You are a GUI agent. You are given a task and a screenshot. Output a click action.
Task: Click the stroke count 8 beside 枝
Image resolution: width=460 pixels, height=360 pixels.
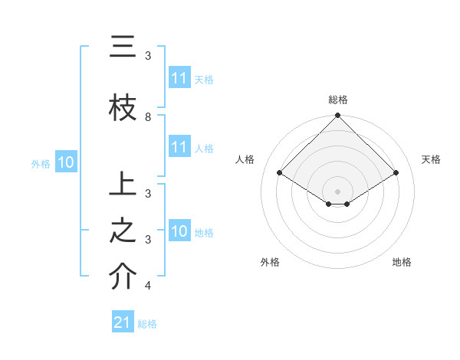[148, 116]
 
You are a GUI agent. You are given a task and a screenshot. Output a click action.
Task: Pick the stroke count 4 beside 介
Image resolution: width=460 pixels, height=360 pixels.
[148, 286]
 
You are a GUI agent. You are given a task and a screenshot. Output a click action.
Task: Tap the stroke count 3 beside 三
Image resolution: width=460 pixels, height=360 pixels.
[148, 56]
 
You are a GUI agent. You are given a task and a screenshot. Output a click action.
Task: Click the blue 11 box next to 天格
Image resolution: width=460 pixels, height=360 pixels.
[179, 78]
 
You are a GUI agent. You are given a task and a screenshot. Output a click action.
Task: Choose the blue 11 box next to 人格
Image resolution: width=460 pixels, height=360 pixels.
[179, 147]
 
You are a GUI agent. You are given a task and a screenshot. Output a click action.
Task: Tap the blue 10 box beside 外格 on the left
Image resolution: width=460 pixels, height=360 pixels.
[65, 162]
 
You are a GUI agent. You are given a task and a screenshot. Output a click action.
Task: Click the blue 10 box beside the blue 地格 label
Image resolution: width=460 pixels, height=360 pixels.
[179, 231]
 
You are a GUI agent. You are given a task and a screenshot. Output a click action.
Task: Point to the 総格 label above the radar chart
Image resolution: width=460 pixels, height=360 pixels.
[338, 100]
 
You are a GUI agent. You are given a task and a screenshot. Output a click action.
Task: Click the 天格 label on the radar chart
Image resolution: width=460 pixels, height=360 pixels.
[431, 159]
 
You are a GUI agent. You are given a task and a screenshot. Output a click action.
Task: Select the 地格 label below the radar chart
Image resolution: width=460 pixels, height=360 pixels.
[402, 262]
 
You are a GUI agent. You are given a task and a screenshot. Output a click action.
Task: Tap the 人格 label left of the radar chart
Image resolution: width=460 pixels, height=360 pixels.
[245, 159]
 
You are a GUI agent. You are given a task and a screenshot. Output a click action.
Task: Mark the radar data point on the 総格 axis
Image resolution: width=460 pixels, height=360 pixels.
[338, 116]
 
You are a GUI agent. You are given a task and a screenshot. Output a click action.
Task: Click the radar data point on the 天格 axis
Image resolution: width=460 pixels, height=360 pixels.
[396, 173]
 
